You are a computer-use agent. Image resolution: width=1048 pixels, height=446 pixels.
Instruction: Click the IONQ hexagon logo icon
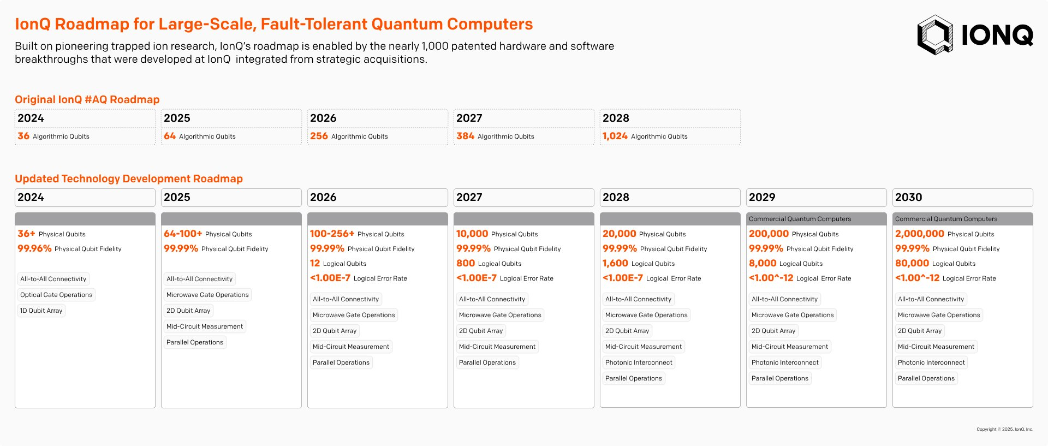point(935,35)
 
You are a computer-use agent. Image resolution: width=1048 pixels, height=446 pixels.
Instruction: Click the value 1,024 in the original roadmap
point(615,136)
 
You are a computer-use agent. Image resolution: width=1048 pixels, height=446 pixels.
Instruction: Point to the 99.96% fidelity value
point(34,248)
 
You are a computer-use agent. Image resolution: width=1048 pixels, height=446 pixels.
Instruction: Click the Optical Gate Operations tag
point(56,295)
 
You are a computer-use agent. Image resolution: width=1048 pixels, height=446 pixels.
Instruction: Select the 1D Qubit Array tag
point(41,311)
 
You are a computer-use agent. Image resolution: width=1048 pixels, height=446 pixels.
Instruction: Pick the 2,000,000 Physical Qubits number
point(919,234)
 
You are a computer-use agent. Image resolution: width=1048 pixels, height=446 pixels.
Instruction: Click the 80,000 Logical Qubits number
point(912,263)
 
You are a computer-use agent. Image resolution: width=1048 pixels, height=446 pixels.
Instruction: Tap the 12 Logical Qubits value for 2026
point(315,263)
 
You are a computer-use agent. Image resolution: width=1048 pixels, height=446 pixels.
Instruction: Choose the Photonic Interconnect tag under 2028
point(639,362)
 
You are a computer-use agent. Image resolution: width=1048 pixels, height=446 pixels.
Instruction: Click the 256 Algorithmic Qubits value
point(319,136)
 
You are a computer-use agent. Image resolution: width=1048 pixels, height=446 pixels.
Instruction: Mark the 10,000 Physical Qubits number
point(472,234)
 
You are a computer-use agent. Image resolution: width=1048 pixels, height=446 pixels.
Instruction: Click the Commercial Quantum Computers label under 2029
point(800,219)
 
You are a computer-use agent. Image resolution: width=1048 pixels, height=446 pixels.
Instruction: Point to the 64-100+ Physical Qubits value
point(183,234)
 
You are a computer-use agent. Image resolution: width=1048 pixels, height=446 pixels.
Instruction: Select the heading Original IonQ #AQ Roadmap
point(87,99)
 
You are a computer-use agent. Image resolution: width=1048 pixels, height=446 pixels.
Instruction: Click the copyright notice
point(1004,429)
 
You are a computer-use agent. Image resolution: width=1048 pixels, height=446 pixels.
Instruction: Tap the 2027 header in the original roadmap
point(469,118)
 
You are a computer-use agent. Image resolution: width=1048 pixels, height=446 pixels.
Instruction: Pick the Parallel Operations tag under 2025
point(195,342)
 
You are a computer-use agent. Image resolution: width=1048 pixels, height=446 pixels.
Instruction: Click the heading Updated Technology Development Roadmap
point(129,179)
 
